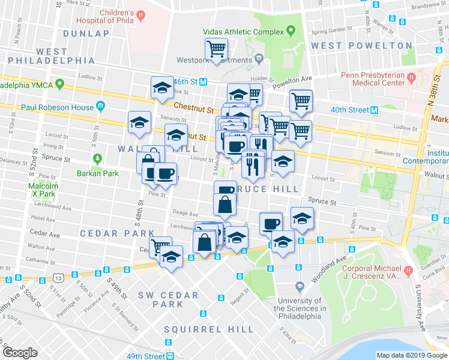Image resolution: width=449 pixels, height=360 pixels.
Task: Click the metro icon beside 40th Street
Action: (x=374, y=110)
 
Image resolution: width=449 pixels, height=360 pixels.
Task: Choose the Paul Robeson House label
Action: (x=58, y=107)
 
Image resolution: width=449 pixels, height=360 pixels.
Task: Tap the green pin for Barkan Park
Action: (x=97, y=160)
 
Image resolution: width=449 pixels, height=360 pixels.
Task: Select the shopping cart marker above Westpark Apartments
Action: (x=215, y=48)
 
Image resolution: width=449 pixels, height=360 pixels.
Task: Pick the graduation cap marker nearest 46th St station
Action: (x=161, y=88)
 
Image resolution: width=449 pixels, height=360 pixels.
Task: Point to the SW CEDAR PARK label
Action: (x=160, y=299)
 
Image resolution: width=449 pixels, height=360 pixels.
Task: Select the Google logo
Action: (x=20, y=353)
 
